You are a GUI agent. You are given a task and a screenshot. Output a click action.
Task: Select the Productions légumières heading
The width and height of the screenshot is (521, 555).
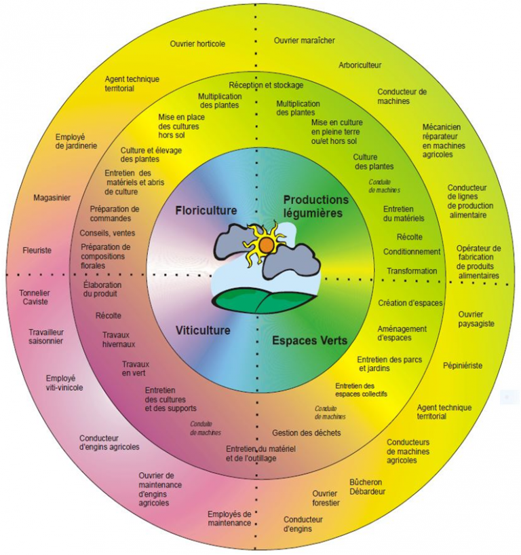click(315, 206)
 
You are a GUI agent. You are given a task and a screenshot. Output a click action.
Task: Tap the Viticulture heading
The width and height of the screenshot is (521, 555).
click(203, 331)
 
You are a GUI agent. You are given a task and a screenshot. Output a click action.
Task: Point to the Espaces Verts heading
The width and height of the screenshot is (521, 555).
click(309, 340)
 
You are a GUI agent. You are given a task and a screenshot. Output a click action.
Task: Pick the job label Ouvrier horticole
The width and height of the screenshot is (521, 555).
click(197, 43)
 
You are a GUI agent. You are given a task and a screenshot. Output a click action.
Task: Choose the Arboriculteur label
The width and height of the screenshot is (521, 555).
click(360, 65)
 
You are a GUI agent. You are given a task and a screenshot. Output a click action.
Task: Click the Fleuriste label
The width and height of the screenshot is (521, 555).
click(37, 250)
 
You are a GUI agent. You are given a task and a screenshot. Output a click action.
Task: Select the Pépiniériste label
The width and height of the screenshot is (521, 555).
click(462, 365)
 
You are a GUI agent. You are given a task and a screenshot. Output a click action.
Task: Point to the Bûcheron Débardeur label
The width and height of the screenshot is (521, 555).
click(367, 486)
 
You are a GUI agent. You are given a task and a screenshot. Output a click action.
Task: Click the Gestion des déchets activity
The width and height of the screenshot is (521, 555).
click(306, 433)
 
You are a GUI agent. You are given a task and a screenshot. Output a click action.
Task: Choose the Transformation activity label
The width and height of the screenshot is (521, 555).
click(412, 271)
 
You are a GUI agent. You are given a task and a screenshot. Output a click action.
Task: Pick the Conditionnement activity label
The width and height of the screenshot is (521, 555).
click(412, 251)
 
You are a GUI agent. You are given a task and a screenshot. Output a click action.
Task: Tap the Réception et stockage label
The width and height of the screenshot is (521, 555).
click(266, 85)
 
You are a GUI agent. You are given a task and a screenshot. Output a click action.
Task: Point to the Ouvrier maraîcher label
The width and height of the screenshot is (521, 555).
click(305, 41)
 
